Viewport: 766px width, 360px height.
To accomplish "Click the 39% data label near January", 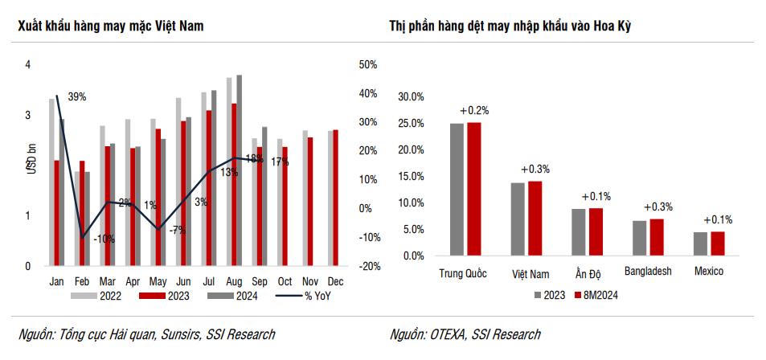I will (x=77, y=97).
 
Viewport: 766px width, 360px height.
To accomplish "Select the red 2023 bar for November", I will (x=310, y=201).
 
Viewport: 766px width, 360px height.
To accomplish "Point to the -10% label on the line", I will (x=103, y=239).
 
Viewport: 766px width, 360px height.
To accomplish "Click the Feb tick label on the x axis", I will (x=82, y=282).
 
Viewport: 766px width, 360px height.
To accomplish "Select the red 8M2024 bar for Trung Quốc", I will (x=474, y=189).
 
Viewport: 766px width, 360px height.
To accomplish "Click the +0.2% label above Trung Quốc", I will (x=474, y=110).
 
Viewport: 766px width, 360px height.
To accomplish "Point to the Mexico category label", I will (x=709, y=272).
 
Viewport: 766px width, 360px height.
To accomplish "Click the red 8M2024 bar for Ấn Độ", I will (x=596, y=231).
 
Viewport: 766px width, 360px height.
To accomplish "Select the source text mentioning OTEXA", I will (x=465, y=334).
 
